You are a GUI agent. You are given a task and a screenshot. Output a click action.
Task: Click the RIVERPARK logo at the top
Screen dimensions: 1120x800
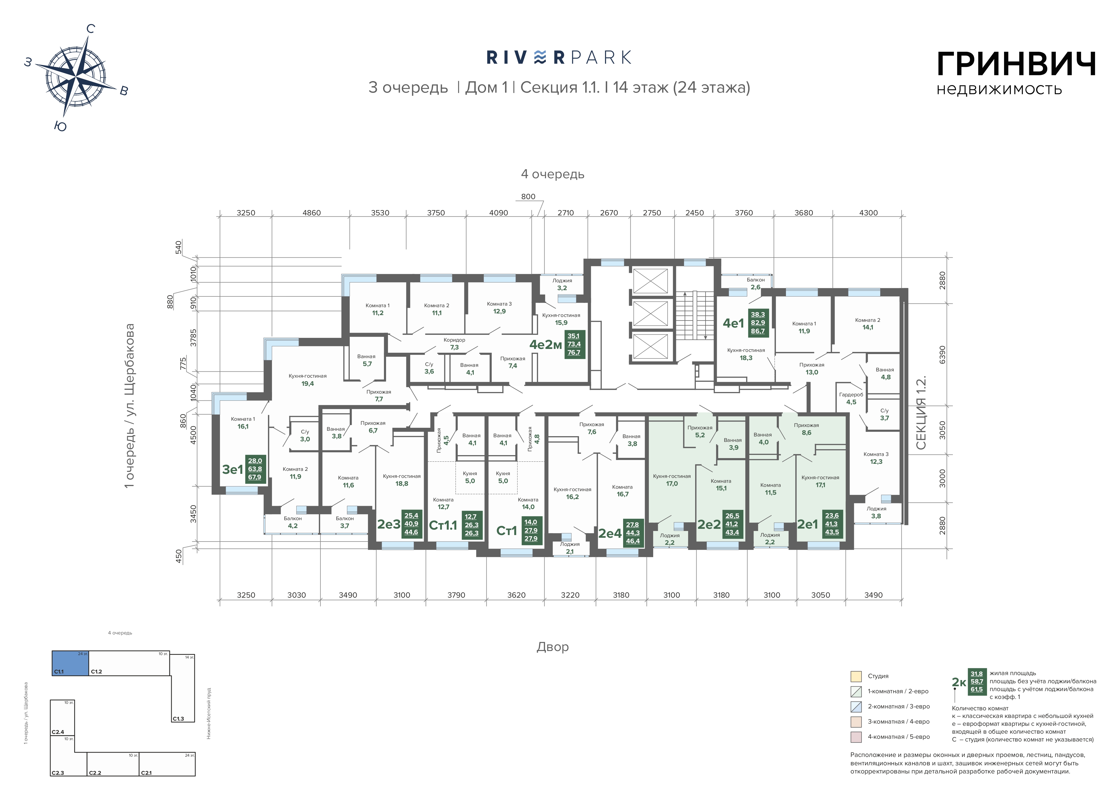pyautogui.click(x=559, y=58)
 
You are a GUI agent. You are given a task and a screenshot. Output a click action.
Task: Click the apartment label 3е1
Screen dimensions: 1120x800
pyautogui.click(x=232, y=469)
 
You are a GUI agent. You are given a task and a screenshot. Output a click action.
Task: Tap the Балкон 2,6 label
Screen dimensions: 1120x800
pyautogui.click(x=756, y=283)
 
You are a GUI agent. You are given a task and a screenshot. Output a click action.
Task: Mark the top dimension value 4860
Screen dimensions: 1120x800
pyautogui.click(x=311, y=213)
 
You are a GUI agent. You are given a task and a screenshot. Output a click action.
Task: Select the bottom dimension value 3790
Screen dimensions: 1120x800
pyautogui.click(x=456, y=595)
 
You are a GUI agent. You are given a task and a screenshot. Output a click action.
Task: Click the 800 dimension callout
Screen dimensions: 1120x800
pyautogui.click(x=528, y=197)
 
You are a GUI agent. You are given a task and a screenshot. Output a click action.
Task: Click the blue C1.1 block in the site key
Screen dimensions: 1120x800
pyautogui.click(x=70, y=663)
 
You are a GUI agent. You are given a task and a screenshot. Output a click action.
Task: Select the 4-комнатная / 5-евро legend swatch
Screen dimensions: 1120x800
pyautogui.click(x=856, y=737)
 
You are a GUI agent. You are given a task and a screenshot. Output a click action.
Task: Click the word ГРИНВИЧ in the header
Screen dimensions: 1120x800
pyautogui.click(x=1016, y=64)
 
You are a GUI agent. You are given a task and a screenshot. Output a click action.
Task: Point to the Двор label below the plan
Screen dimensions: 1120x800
pyautogui.click(x=553, y=647)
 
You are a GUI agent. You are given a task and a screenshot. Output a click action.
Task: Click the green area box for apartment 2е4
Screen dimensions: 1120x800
pyautogui.click(x=633, y=533)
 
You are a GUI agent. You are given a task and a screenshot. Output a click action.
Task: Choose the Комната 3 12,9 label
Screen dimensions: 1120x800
pyautogui.click(x=499, y=307)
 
